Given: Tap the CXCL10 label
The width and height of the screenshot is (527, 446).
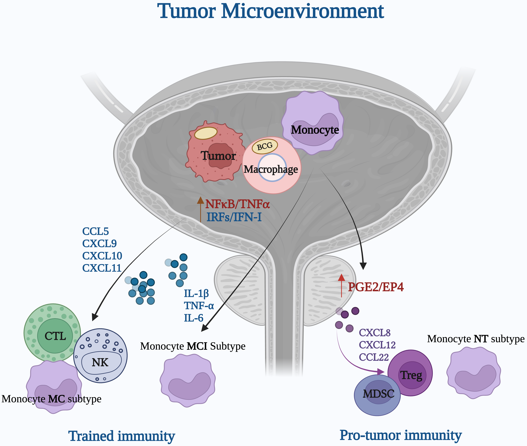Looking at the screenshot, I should tap(102, 256).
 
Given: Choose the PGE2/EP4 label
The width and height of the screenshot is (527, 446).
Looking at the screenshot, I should tap(376, 287).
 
